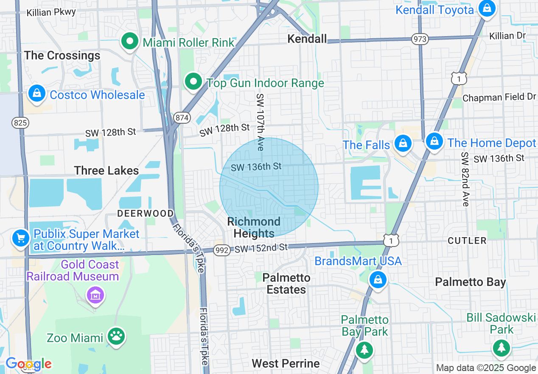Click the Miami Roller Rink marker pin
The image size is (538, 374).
pyautogui.click(x=130, y=42)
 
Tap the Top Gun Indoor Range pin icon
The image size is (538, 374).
pyautogui.click(x=193, y=81)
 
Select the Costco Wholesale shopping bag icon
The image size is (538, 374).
pyautogui.click(x=37, y=93)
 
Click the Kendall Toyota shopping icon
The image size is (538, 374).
pyautogui.click(x=487, y=8)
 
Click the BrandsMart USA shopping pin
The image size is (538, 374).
pyautogui.click(x=377, y=280)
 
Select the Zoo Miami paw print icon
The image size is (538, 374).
pyautogui.click(x=115, y=337)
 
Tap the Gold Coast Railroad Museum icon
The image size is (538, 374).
pyautogui.click(x=95, y=295)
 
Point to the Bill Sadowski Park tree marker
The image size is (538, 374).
pyautogui.click(x=502, y=348)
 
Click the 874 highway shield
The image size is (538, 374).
pyautogui.click(x=181, y=118)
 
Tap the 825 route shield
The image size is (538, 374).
pyautogui.click(x=20, y=123)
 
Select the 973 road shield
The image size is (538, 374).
pyautogui.click(x=419, y=39)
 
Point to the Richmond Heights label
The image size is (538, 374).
pyautogui.click(x=254, y=227)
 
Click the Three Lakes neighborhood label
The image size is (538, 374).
pyautogui.click(x=106, y=170)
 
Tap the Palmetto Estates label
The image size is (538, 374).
pyautogui.click(x=286, y=283)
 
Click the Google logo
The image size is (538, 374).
pyautogui.click(x=28, y=364)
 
